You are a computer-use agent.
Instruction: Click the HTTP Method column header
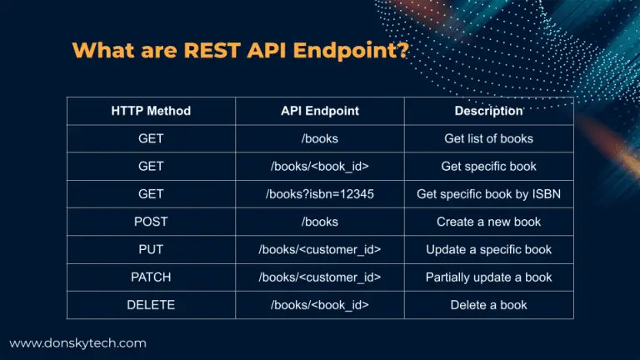[x=151, y=111]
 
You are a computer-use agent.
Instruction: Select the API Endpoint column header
[x=320, y=111]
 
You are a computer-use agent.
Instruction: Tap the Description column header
[x=488, y=111]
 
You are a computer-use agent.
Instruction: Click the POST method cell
[x=151, y=222]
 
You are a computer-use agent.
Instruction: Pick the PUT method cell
[x=151, y=250]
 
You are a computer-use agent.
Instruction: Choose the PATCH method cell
[x=151, y=277]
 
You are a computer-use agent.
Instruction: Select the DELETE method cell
[x=151, y=305]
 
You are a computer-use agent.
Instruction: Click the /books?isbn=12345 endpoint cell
[x=320, y=194]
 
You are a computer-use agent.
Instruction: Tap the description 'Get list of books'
[x=488, y=138]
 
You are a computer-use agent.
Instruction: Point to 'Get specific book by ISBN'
[x=488, y=194]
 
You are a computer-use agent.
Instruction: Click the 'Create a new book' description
[x=488, y=222]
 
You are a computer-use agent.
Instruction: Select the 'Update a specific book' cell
[x=488, y=250]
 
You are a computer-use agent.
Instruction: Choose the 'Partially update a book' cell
[x=488, y=277]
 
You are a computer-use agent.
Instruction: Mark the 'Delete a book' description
[x=488, y=305]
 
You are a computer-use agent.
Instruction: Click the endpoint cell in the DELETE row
[x=320, y=305]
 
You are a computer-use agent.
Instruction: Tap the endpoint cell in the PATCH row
[x=320, y=277]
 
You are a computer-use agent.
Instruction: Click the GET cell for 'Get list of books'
[x=151, y=138]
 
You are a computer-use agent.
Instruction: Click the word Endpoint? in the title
[x=351, y=50]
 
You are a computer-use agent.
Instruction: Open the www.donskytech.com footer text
[x=77, y=342]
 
